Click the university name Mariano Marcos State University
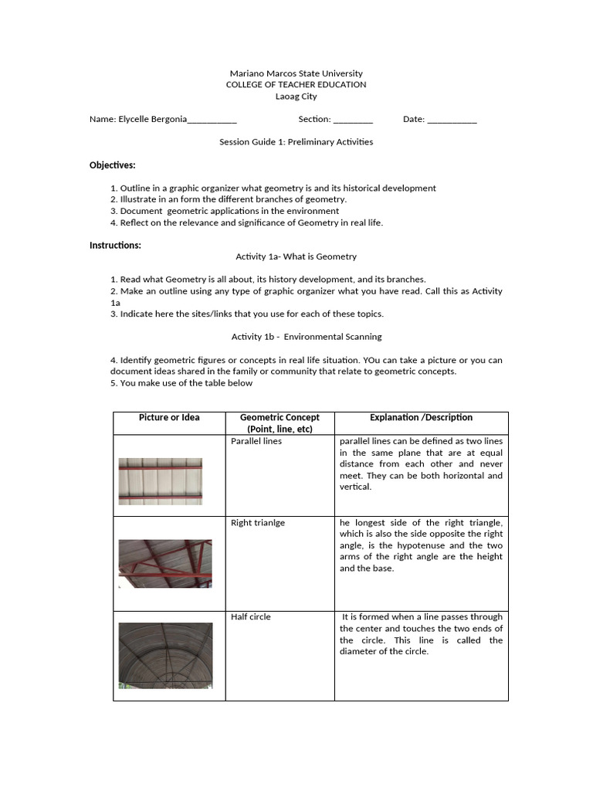[x=296, y=73]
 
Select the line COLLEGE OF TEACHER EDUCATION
[x=296, y=85]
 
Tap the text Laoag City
[x=296, y=97]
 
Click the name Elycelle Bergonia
[x=152, y=119]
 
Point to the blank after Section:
[x=353, y=120]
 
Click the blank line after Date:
[x=452, y=120]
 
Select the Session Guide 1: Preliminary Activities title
[x=296, y=142]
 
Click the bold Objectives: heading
[x=112, y=165]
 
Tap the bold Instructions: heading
[x=115, y=245]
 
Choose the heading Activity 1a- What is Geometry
[x=296, y=256]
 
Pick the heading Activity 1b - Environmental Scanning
[x=306, y=337]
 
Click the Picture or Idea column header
[x=169, y=417]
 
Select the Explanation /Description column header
[x=421, y=417]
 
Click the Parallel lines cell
[x=256, y=441]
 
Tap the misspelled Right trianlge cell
[x=258, y=523]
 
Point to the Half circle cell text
[x=251, y=617]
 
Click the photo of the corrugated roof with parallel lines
[x=160, y=481]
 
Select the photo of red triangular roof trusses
[x=164, y=564]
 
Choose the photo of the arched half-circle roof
[x=164, y=655]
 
